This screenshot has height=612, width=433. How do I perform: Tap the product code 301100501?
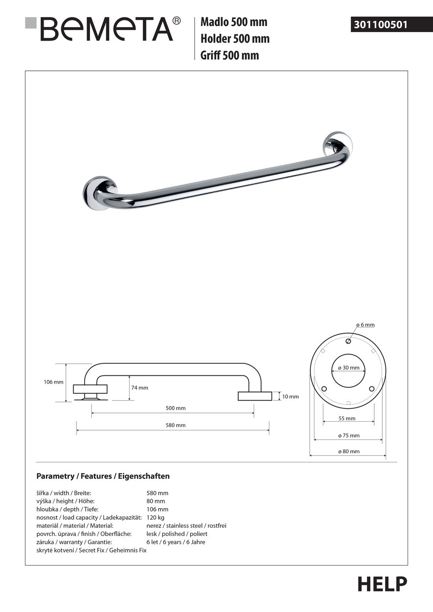tap(380, 24)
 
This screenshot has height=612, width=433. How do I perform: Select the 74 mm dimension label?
tap(140, 388)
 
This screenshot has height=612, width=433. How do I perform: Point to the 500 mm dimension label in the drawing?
tap(176, 408)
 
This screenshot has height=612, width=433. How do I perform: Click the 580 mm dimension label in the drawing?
tap(176, 425)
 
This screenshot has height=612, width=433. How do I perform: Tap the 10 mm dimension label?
tap(290, 396)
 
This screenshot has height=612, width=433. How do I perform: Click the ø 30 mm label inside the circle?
tap(348, 368)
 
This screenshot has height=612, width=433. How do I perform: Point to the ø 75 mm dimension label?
tap(348, 436)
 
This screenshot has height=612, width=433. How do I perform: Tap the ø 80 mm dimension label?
tap(348, 451)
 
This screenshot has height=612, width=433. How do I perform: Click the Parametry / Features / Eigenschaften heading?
tap(103, 476)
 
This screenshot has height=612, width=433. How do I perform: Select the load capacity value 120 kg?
tap(155, 517)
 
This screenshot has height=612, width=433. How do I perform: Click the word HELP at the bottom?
tap(382, 584)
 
